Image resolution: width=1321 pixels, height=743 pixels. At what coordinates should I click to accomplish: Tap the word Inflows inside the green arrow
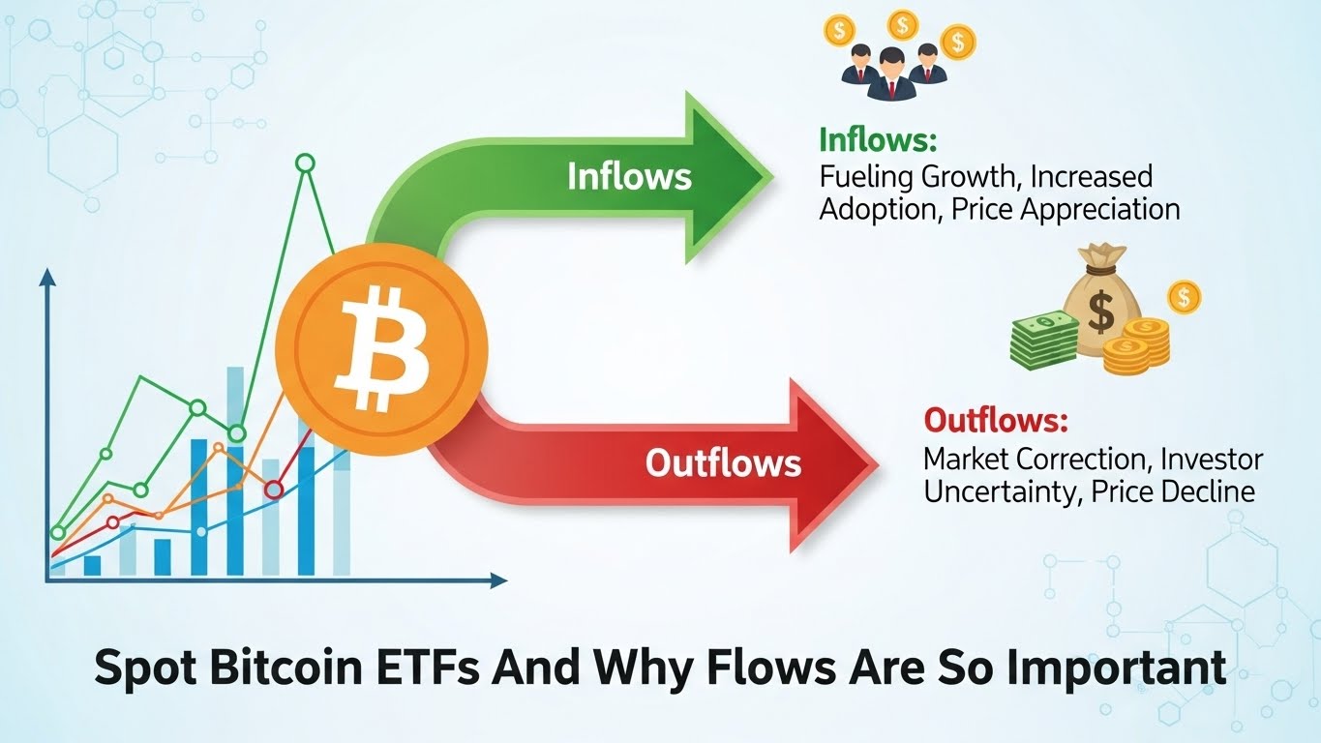629,176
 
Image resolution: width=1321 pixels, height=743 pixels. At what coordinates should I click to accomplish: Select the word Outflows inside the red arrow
723,462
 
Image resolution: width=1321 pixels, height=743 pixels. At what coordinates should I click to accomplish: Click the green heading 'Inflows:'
878,140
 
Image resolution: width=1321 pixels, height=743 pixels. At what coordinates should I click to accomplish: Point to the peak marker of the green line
305,163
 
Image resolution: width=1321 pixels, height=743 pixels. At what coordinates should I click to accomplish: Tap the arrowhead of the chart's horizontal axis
498,580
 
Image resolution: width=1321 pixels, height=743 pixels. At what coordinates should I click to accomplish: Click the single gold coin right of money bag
1184,296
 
